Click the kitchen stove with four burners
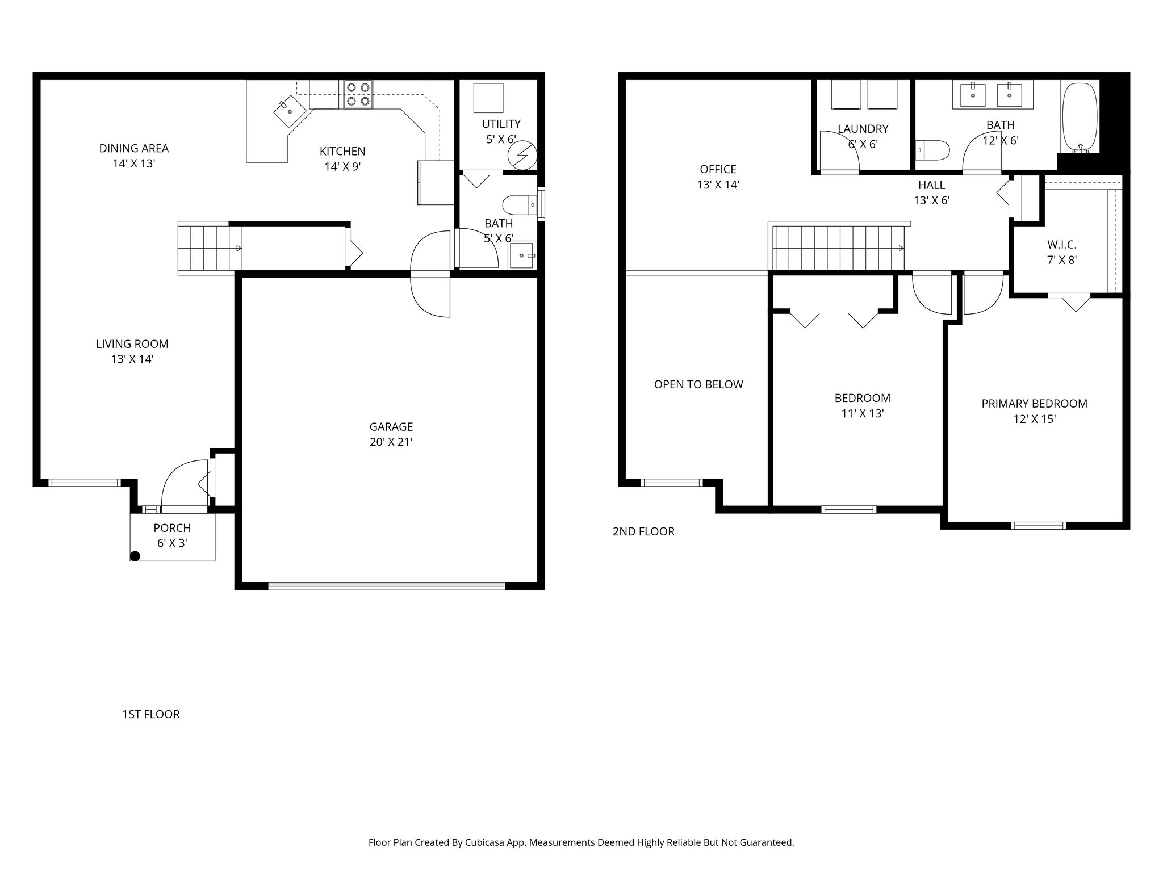(358, 94)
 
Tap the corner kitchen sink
(288, 111)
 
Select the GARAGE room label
(391, 427)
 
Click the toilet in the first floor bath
(519, 204)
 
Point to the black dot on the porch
(135, 556)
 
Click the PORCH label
(172, 528)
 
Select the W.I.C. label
(1061, 245)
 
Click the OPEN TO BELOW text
(698, 384)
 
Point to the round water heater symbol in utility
(521, 154)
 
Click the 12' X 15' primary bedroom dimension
(1034, 419)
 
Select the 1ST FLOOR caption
(151, 715)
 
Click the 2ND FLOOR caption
(643, 532)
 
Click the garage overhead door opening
(386, 585)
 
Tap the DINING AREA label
(134, 148)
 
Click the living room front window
(84, 483)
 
